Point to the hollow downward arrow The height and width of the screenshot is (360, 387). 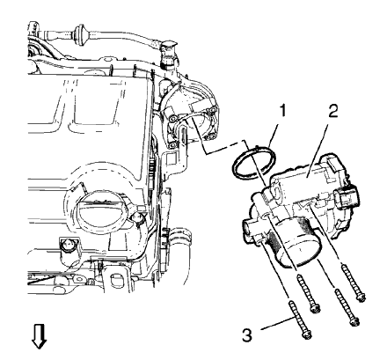tap(38, 335)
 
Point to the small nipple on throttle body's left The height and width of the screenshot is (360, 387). tap(242, 230)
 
